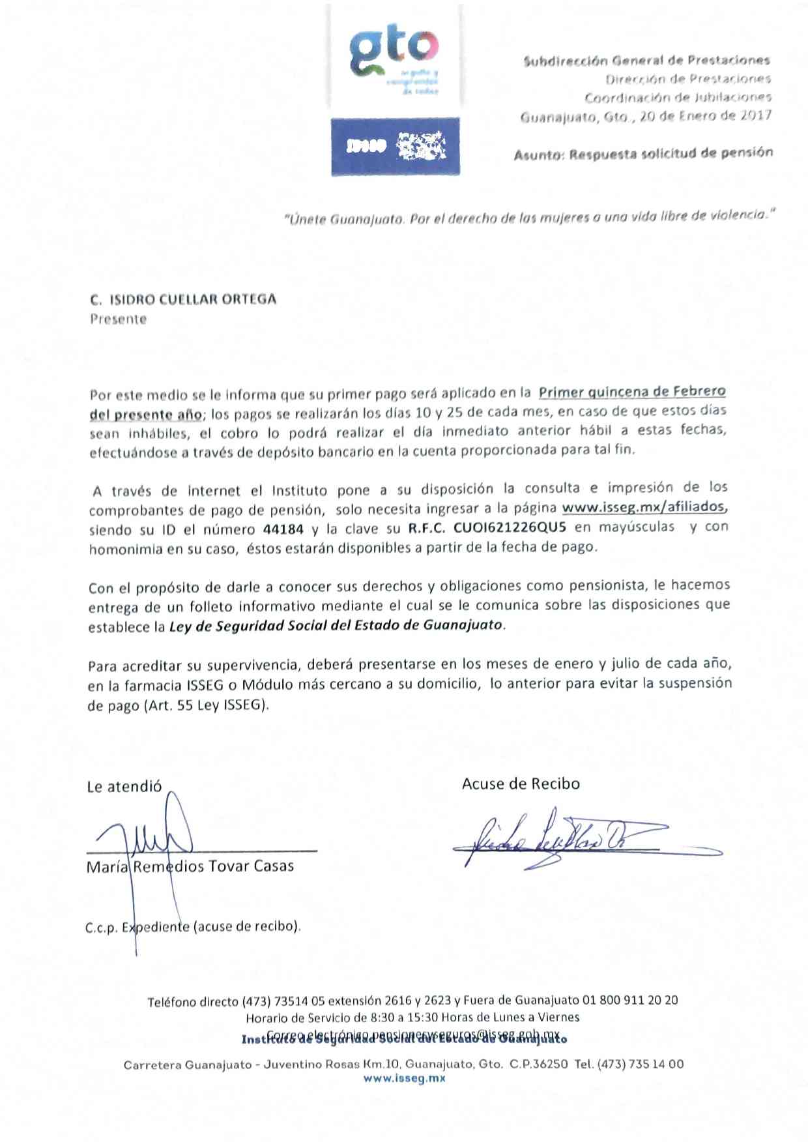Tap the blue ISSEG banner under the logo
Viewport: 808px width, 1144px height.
[x=395, y=147]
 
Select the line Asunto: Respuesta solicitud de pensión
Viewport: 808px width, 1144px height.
[x=643, y=154]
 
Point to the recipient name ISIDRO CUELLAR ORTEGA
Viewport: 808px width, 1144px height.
[x=192, y=300]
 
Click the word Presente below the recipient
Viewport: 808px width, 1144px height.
[x=118, y=319]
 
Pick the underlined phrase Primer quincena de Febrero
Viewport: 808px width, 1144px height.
[x=631, y=392]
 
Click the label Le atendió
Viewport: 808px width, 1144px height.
[x=124, y=787]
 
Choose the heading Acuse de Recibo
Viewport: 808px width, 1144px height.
[x=521, y=784]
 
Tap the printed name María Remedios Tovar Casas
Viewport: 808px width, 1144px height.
[x=190, y=866]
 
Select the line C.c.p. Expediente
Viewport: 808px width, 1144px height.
[x=192, y=926]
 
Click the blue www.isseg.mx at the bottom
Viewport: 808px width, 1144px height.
[x=404, y=1079]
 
